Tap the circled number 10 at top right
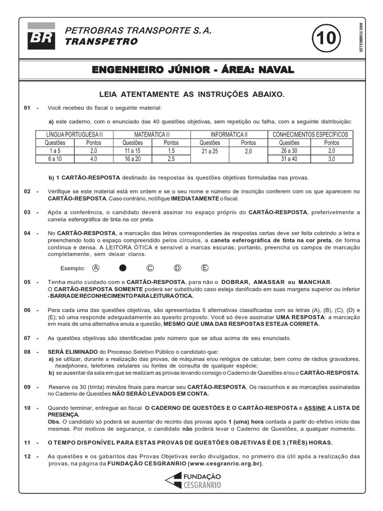coord(327,38)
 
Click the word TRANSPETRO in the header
coord(102,42)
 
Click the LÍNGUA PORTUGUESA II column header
coord(74,135)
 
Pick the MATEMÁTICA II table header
coord(152,135)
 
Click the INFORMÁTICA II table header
coord(229,135)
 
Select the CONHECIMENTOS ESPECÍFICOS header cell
coord(310,135)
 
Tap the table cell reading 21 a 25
coord(209,151)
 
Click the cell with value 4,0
coord(94,159)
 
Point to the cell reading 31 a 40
coord(289,159)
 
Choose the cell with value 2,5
coord(171,159)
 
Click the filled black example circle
coord(123,268)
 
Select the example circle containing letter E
coord(204,268)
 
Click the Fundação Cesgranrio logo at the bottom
coord(193,481)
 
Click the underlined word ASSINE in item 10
coord(311,408)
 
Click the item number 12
coord(27,457)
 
